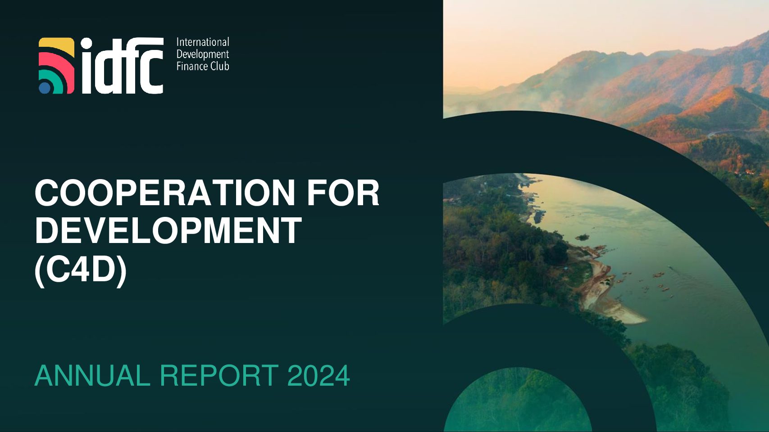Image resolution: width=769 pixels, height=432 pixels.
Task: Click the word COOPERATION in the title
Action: [165, 193]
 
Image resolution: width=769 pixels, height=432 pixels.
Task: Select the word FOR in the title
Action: [343, 193]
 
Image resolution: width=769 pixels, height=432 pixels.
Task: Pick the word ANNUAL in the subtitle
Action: [92, 376]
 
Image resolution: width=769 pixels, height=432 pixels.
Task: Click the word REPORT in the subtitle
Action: [219, 376]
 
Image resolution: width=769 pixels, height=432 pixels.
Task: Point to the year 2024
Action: [319, 376]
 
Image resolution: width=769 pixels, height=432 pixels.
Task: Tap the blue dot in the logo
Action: [45, 88]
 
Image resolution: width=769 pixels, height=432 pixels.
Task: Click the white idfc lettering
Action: [122, 66]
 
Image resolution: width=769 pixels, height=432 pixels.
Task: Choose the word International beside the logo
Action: [203, 42]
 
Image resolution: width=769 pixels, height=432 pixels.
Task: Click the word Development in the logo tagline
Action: [203, 54]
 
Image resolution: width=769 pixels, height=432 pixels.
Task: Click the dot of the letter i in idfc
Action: [86, 44]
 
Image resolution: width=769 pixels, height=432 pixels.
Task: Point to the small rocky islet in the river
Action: [582, 237]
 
